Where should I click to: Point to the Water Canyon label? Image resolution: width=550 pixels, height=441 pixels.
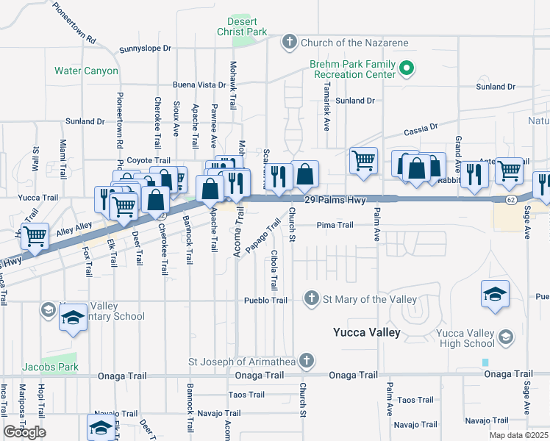pos(86,71)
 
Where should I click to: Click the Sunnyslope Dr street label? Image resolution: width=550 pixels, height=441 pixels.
pos(145,49)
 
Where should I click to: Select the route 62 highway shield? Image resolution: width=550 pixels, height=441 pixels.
pos(511,200)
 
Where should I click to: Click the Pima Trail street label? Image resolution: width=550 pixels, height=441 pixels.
pos(335,225)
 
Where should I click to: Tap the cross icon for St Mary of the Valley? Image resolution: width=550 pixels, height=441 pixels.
pos(311,298)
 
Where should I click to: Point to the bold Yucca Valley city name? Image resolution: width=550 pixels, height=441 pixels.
pos(366,332)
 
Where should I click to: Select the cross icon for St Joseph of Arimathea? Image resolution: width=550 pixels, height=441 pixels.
pos(307,361)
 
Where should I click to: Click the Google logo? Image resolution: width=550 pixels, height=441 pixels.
pos(24,432)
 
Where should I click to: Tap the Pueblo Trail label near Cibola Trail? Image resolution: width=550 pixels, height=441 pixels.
pos(265,300)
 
